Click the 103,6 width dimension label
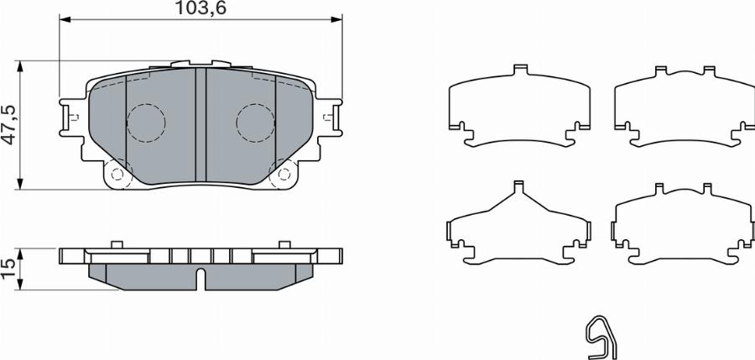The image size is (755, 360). point(200,8)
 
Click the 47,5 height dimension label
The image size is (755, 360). point(9,124)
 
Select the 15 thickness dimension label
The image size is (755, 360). point(9,268)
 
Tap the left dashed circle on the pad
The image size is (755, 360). point(145,123)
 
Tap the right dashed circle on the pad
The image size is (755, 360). point(256,123)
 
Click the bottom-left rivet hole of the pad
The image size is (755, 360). point(117,175)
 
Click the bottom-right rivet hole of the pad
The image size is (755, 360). point(284,175)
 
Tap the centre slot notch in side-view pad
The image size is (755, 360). point(200,278)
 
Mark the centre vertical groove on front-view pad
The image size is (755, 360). point(200,124)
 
